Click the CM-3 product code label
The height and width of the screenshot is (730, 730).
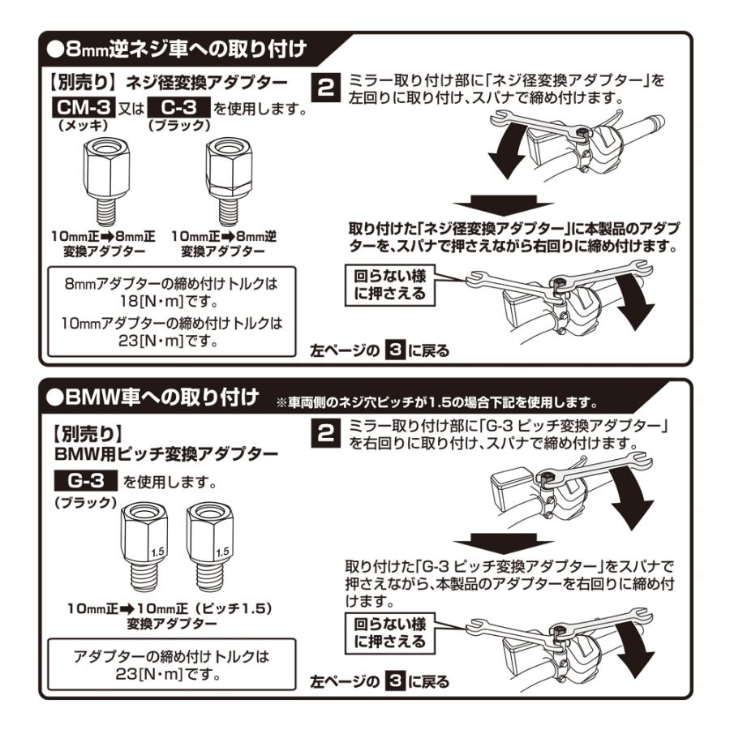tap(84, 108)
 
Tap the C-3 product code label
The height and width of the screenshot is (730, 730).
tap(178, 108)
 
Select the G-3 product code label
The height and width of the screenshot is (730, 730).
tap(86, 480)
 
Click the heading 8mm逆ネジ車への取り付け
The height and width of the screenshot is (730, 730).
tap(177, 49)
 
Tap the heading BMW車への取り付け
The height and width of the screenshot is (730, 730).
tap(152, 397)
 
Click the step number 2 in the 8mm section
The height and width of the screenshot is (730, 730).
tap(325, 88)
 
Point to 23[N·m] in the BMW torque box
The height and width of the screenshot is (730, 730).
tap(149, 674)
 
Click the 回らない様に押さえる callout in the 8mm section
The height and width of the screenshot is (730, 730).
tap(390, 285)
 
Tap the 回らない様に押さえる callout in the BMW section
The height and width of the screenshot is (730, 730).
tap(390, 633)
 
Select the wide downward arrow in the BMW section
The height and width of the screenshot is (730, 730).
tap(503, 544)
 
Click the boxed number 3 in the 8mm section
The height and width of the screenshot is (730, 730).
tap(395, 350)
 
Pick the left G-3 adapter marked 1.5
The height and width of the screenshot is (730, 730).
tap(144, 547)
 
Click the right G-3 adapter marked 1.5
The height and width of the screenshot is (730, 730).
tap(209, 547)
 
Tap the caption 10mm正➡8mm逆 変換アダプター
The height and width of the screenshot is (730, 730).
tap(224, 243)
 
